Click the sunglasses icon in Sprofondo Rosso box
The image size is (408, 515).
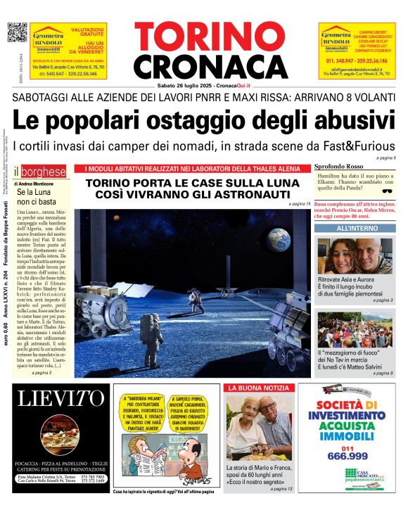point(386,190)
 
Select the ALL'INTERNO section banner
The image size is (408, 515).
point(355,229)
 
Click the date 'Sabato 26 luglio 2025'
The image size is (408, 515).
point(185,85)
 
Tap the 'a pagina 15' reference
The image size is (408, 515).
point(299,203)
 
